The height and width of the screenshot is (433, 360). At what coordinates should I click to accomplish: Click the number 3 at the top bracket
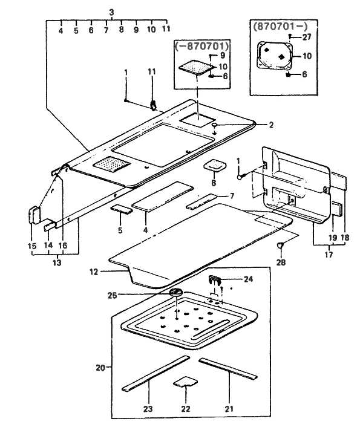(111, 12)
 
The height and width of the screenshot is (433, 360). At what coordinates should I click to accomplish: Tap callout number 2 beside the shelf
(271, 125)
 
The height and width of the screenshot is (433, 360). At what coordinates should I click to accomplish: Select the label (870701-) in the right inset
(280, 27)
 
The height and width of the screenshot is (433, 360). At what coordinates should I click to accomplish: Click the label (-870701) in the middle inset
(202, 45)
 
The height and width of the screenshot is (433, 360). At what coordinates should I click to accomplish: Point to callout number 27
(307, 37)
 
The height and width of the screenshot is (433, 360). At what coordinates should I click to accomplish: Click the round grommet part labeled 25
(175, 292)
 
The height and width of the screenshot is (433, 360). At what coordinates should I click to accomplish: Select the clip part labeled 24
(214, 279)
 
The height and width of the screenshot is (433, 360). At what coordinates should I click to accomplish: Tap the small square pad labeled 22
(185, 382)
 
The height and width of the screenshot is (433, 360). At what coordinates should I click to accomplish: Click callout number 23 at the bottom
(148, 409)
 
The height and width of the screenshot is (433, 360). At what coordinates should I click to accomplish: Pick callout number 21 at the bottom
(229, 409)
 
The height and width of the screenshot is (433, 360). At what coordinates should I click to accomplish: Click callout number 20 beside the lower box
(100, 368)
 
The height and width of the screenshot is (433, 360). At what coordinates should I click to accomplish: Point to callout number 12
(94, 272)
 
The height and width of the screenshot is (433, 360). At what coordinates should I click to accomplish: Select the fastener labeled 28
(281, 245)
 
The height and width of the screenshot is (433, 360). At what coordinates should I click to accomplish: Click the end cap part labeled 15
(34, 215)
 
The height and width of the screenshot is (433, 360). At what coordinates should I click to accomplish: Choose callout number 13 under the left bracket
(57, 262)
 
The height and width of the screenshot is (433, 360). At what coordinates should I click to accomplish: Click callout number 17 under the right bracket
(329, 254)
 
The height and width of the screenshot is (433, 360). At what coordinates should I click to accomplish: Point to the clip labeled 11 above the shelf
(152, 105)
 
